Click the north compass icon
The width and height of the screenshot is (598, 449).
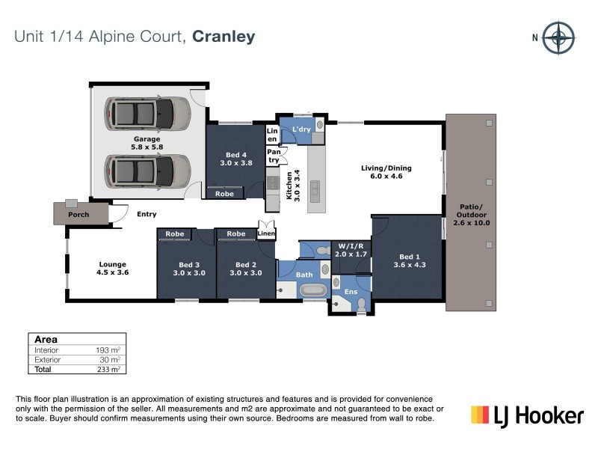coord(558,38)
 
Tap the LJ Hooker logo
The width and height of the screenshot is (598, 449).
coord(526,415)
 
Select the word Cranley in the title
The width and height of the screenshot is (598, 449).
coord(224,36)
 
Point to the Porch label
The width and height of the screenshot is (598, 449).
coord(78,215)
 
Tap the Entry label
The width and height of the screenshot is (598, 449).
coord(147,215)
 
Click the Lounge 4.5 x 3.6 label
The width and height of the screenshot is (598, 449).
coord(113,269)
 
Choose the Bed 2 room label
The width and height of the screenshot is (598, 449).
coord(246,269)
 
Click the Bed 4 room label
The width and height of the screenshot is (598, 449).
coord(235,158)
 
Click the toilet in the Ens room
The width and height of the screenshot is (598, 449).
coord(361,304)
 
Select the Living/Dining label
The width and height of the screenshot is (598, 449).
coord(386,173)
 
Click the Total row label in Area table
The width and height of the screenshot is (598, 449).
coord(42,370)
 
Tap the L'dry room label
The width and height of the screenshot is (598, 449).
coord(301,129)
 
